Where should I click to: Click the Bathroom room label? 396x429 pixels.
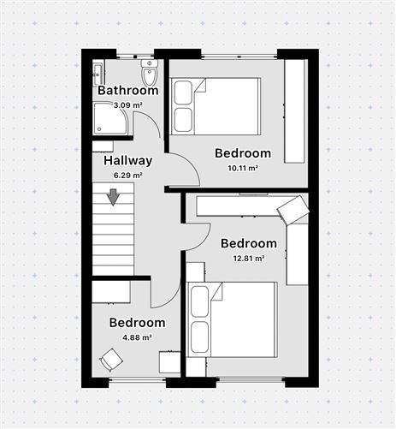(x=128, y=91)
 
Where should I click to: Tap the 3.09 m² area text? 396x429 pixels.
(x=128, y=104)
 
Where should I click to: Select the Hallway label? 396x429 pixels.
(x=128, y=161)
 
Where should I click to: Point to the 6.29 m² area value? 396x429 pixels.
(x=128, y=175)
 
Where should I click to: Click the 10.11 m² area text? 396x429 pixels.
(x=243, y=168)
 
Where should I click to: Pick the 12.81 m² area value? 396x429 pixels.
(x=249, y=258)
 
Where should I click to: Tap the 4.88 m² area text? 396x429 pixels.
(x=138, y=337)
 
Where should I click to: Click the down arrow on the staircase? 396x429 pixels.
(x=113, y=199)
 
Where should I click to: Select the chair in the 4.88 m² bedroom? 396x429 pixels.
(x=110, y=360)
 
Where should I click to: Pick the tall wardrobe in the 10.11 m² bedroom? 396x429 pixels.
(x=295, y=111)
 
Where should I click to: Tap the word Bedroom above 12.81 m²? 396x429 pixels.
(x=249, y=243)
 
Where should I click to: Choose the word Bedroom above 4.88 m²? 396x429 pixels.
(x=138, y=323)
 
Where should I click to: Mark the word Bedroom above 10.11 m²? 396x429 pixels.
(x=243, y=153)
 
